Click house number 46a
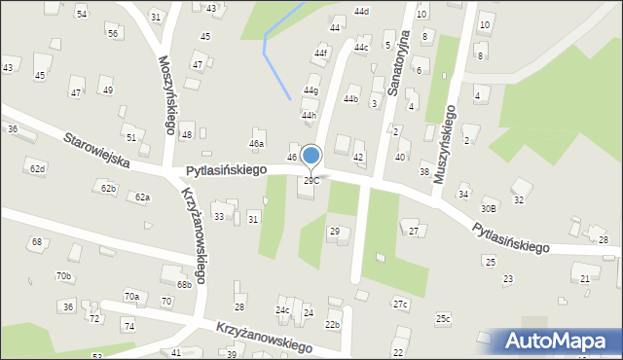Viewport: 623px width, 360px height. coord(256,143)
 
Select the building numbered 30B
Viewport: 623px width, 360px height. coord(489,208)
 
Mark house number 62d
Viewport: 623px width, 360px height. coord(37,169)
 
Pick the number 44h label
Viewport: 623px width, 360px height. coord(309,115)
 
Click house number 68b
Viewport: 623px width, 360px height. coord(184,285)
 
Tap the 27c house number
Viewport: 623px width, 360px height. coord(400,304)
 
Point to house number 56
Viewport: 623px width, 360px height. coord(113,34)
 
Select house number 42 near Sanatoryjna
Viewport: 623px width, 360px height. coord(358,158)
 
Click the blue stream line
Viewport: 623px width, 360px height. coord(274,54)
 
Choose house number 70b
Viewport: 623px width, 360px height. coord(64,276)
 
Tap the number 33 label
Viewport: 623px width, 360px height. coord(219,216)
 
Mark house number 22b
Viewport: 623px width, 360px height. coord(332,324)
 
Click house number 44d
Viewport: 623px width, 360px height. coord(361,12)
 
